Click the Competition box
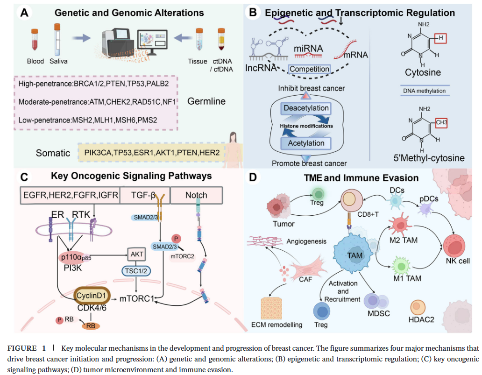click(309, 69)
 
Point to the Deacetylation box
click(305, 108)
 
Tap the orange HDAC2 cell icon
click(418, 306)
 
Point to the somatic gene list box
click(152, 153)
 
